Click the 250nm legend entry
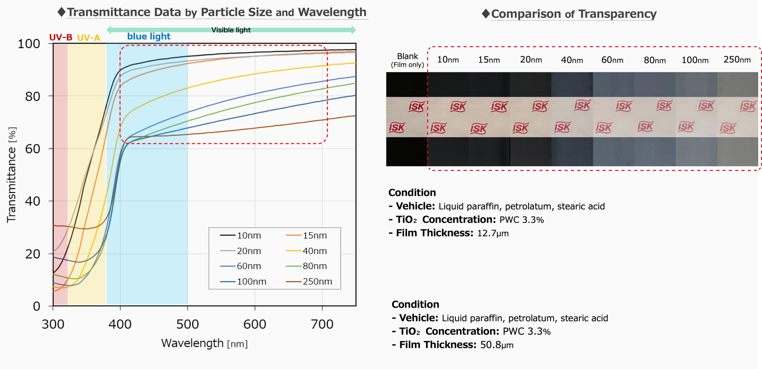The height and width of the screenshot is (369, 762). [x=317, y=281]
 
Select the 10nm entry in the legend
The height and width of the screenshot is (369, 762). [x=248, y=235]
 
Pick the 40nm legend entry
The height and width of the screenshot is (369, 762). [x=314, y=251]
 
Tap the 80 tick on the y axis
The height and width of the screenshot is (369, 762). [x=33, y=96]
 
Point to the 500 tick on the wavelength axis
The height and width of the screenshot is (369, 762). [x=187, y=324]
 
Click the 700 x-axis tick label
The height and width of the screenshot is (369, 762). [x=322, y=324]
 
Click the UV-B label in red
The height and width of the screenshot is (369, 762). [x=61, y=37]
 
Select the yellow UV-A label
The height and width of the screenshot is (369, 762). [x=89, y=38]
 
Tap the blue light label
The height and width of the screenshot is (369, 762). [x=149, y=36]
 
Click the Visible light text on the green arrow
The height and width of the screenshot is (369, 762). [x=231, y=30]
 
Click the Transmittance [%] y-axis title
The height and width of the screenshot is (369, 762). [x=12, y=175]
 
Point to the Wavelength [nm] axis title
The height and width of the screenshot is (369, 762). [x=204, y=343]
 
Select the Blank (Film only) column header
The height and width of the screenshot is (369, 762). [x=407, y=60]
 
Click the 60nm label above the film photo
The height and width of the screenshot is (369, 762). [x=612, y=60]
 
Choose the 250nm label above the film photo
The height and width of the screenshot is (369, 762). [x=737, y=59]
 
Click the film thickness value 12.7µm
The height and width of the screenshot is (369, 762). [x=493, y=233]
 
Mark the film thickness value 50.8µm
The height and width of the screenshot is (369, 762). [x=497, y=345]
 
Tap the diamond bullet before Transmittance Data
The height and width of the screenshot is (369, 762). [x=61, y=12]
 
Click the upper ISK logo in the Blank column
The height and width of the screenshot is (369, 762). [x=416, y=107]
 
